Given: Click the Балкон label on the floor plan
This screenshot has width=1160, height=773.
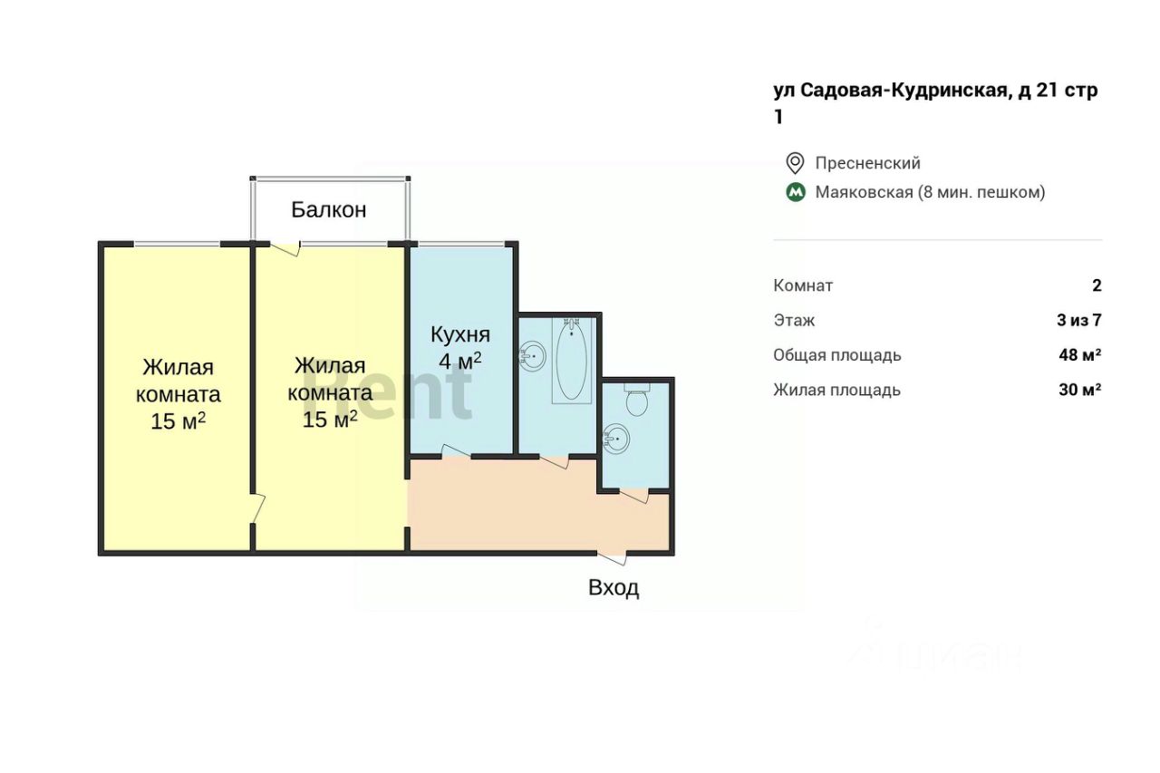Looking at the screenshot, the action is [328, 210].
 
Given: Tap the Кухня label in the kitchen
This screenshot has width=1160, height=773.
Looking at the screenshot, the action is [459, 333].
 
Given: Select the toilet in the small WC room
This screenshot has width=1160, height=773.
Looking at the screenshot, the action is [637, 400].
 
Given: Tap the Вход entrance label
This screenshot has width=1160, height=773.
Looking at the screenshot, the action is [614, 588].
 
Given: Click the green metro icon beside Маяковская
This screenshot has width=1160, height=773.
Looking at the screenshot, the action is [795, 192].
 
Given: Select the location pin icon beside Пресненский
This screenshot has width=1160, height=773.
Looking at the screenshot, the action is [795, 163].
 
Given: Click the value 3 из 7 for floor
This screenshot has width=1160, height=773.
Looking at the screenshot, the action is [1078, 320].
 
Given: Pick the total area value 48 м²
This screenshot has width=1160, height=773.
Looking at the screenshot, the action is [1079, 355].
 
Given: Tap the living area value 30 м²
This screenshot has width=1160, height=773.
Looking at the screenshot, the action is [1079, 391].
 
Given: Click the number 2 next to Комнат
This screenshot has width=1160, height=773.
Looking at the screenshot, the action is [1097, 285].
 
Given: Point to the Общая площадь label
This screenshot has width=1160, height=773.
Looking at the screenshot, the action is [836, 355].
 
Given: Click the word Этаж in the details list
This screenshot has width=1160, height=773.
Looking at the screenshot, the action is [794, 320].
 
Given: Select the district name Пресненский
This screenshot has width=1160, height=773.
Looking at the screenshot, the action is [867, 163].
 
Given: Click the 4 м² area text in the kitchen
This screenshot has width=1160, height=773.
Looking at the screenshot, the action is [459, 361].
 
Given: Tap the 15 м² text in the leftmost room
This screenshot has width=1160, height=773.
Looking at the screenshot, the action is [178, 421].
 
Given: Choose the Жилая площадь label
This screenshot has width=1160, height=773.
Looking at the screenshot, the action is [836, 391].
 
